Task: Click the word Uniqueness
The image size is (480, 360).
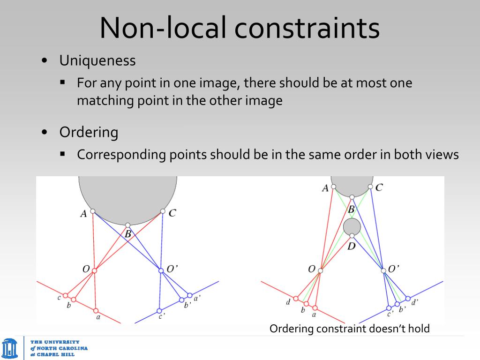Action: coord(97,60)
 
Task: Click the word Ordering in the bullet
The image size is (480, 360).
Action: coord(89,132)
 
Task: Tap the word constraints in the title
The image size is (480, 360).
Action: coord(307,28)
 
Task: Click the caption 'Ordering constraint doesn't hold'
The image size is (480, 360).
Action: coord(349,329)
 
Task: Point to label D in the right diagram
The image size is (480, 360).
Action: coord(352,245)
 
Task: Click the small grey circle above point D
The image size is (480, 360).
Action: coord(352,227)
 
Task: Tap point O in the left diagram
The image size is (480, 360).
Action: coord(94,270)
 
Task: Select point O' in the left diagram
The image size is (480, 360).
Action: coord(160,270)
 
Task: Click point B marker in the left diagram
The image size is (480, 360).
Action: coord(127,225)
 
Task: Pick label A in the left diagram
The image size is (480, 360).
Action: coord(83,214)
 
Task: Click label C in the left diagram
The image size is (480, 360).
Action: coord(172,213)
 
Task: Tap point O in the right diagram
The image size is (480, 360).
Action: coord(321,270)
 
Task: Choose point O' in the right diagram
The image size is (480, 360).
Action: coord(383,270)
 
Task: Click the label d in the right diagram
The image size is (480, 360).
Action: coord(288,302)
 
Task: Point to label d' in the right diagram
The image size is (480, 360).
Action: coord(415,302)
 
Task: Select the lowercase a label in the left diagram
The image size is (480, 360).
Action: coord(98,317)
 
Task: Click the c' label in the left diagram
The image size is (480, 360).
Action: coord(161,317)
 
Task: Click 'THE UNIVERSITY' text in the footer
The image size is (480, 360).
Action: coord(55,342)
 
